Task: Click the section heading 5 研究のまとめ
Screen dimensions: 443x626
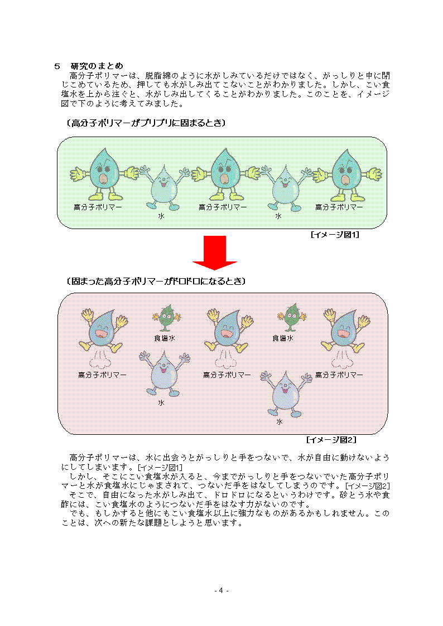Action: coord(89,66)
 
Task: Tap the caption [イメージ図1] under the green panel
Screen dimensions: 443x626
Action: coord(335,235)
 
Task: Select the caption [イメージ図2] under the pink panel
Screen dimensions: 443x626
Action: coord(331,440)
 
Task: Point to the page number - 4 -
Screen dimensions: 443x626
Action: coord(222,590)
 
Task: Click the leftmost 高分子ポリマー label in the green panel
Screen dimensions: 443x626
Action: coord(98,207)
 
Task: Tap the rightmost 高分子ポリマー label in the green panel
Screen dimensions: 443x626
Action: coord(339,207)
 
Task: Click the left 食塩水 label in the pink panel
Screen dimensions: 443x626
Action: coord(165,338)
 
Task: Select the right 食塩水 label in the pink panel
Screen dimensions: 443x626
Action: coord(283,338)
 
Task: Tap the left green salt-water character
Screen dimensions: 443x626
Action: coord(167,318)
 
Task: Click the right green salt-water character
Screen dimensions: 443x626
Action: coord(292,317)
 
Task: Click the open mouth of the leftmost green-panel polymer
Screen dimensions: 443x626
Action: coord(103,179)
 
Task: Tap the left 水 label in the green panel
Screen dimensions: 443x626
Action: coord(161,216)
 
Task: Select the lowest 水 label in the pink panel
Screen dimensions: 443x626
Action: coord(279,421)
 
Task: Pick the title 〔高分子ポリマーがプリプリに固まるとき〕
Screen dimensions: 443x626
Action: coord(146,123)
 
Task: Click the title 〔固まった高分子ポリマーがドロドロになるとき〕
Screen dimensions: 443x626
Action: coord(156,282)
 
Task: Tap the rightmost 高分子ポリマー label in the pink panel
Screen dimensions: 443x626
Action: coord(339,375)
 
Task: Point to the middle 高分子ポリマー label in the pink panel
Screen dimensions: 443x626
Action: coord(227,375)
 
